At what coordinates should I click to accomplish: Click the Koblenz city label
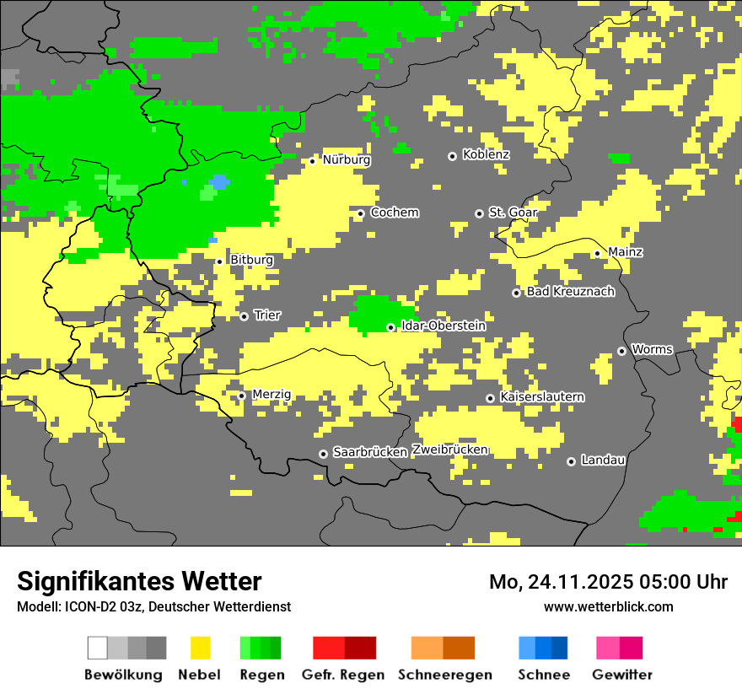(486, 155)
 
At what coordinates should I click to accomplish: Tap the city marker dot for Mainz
(597, 253)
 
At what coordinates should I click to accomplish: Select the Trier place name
(267, 315)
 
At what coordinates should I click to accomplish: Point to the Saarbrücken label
(370, 453)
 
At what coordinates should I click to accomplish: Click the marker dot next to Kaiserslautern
(490, 398)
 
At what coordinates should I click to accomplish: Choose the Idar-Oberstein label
(444, 326)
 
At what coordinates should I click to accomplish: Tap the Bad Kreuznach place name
(570, 292)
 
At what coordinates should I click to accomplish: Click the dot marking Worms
(621, 351)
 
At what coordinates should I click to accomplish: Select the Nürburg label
(346, 159)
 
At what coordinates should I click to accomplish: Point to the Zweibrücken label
(449, 450)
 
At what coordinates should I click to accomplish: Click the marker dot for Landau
(571, 461)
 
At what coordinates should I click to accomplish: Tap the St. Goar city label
(513, 213)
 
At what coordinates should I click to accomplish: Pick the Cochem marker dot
(360, 213)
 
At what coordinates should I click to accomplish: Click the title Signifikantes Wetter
(139, 582)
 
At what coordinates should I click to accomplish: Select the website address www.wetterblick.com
(608, 607)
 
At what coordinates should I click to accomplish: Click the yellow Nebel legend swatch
(200, 648)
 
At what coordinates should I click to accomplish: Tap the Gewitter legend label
(621, 675)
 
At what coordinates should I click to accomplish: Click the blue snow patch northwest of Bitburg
(219, 182)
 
